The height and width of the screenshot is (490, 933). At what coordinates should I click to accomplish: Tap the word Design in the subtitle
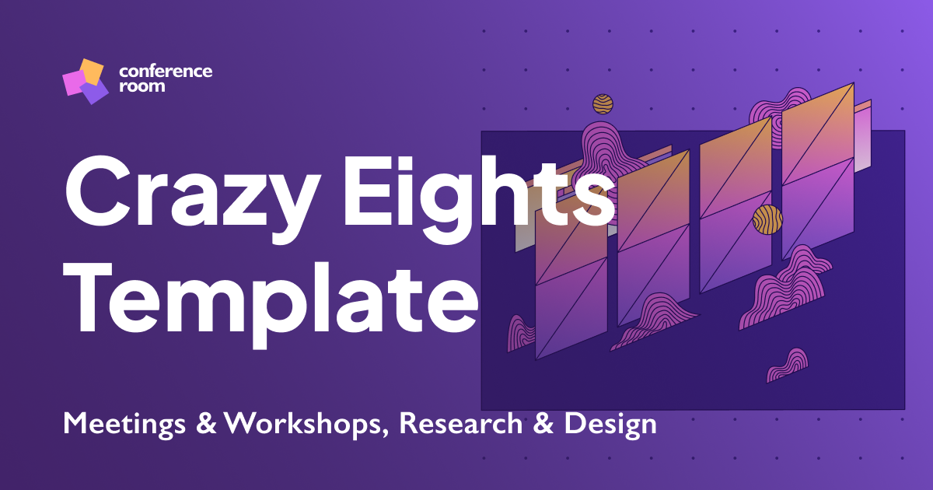click(x=611, y=424)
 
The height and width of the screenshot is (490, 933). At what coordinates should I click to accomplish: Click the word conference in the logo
click(x=166, y=72)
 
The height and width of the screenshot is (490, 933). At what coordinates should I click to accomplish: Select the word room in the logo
click(x=142, y=86)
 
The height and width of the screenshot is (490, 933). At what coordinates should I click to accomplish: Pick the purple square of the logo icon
click(x=95, y=93)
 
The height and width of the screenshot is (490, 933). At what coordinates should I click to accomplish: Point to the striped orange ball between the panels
click(x=767, y=219)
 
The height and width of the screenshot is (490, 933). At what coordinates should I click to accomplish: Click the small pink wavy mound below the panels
click(x=788, y=366)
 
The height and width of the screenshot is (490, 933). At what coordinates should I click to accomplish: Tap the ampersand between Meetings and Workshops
click(x=206, y=425)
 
